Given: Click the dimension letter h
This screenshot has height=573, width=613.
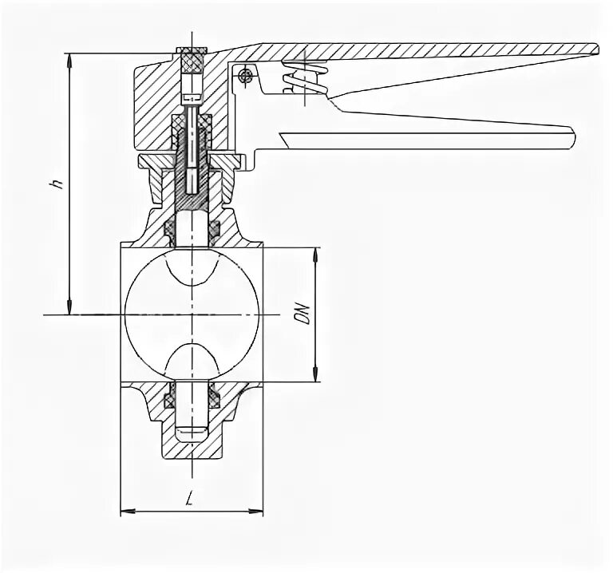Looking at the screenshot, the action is pos(56,183).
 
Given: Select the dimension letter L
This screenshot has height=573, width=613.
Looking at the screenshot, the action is pos(188,500).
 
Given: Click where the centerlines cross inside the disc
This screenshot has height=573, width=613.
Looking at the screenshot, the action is pos(193,314).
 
